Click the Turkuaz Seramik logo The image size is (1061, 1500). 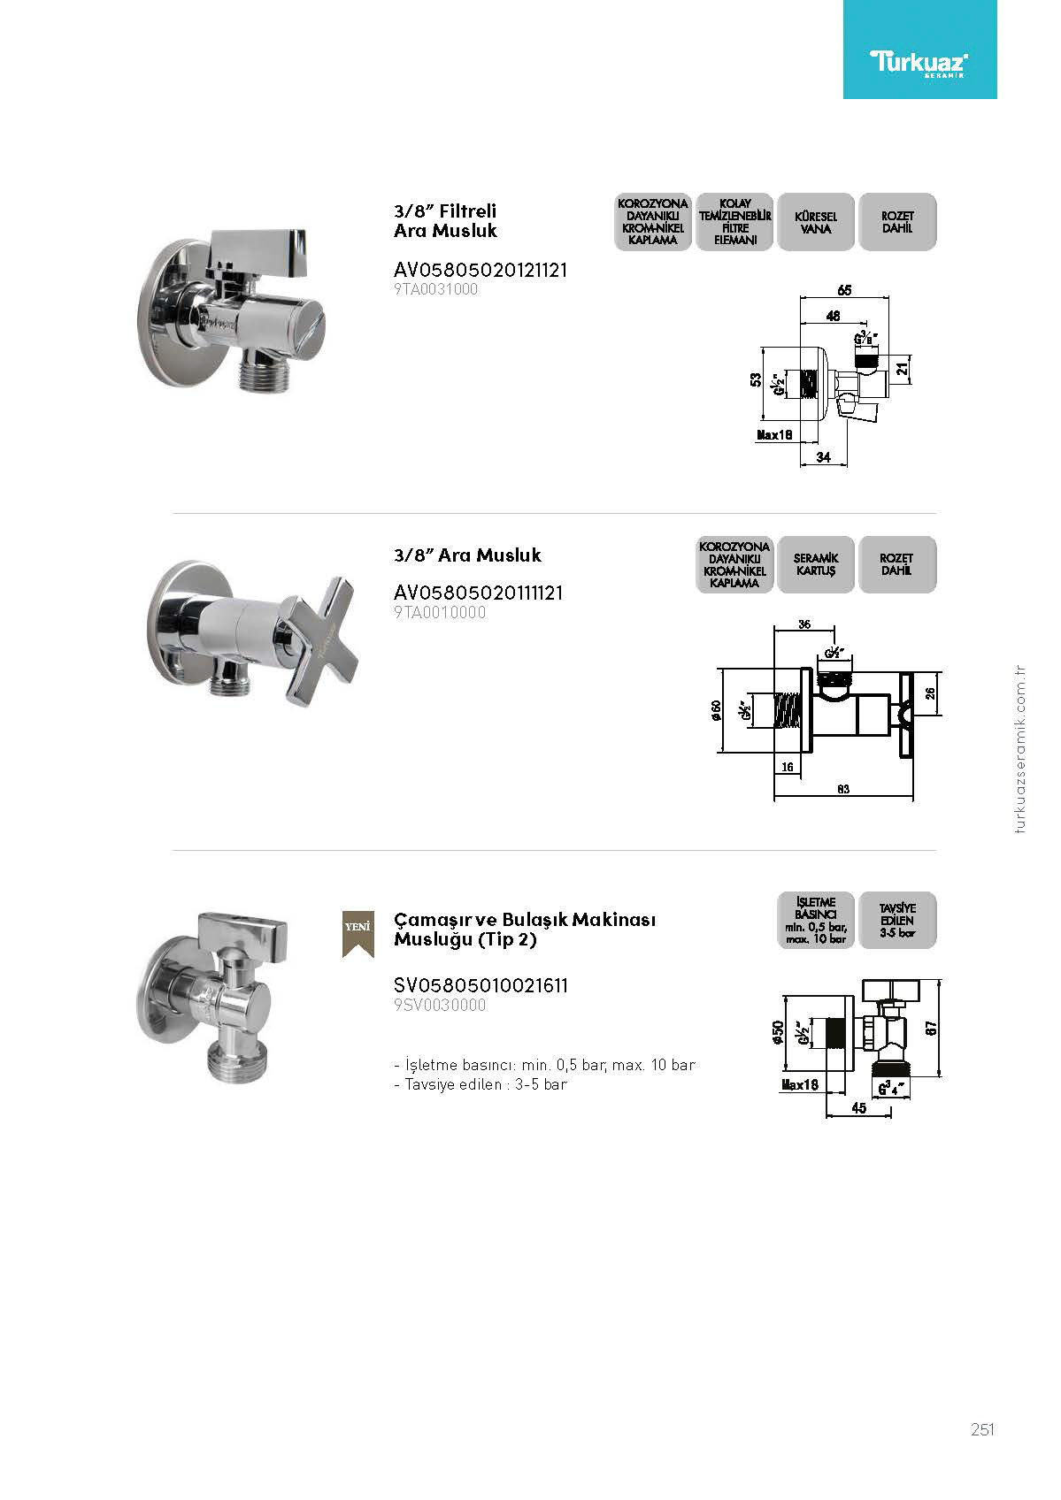tap(919, 62)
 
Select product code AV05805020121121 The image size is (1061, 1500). tap(481, 270)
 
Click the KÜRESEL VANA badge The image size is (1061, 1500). tap(815, 222)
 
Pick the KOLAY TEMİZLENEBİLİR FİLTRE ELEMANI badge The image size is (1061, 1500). tap(734, 222)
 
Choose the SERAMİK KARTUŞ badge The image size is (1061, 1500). tap(815, 564)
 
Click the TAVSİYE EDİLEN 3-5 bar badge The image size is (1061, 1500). tap(896, 920)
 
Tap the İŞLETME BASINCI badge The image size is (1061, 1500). tap(815, 920)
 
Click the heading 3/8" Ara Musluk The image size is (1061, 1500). tap(467, 555)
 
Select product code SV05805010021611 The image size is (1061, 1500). tap(481, 985)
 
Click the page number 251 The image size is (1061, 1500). tap(982, 1429)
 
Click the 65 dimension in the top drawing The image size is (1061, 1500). tap(844, 290)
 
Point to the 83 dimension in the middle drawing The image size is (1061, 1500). tap(842, 789)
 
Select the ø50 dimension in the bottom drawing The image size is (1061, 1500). tap(778, 1033)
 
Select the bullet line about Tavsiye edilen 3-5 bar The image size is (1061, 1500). tap(481, 1084)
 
